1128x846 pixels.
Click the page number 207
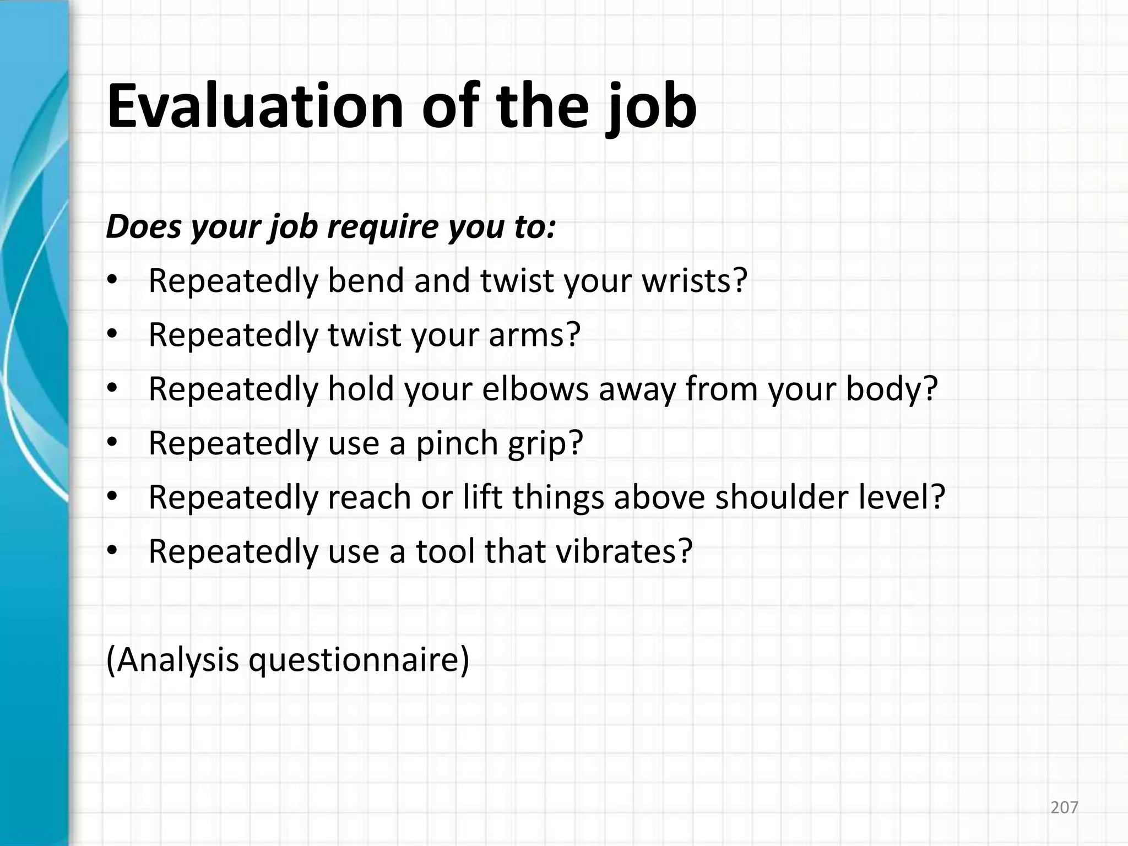pyautogui.click(x=1064, y=807)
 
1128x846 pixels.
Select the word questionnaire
pyautogui.click(x=353, y=660)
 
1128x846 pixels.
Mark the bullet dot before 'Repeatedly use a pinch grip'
pyautogui.click(x=112, y=442)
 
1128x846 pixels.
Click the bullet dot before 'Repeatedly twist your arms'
pyautogui.click(x=112, y=334)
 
